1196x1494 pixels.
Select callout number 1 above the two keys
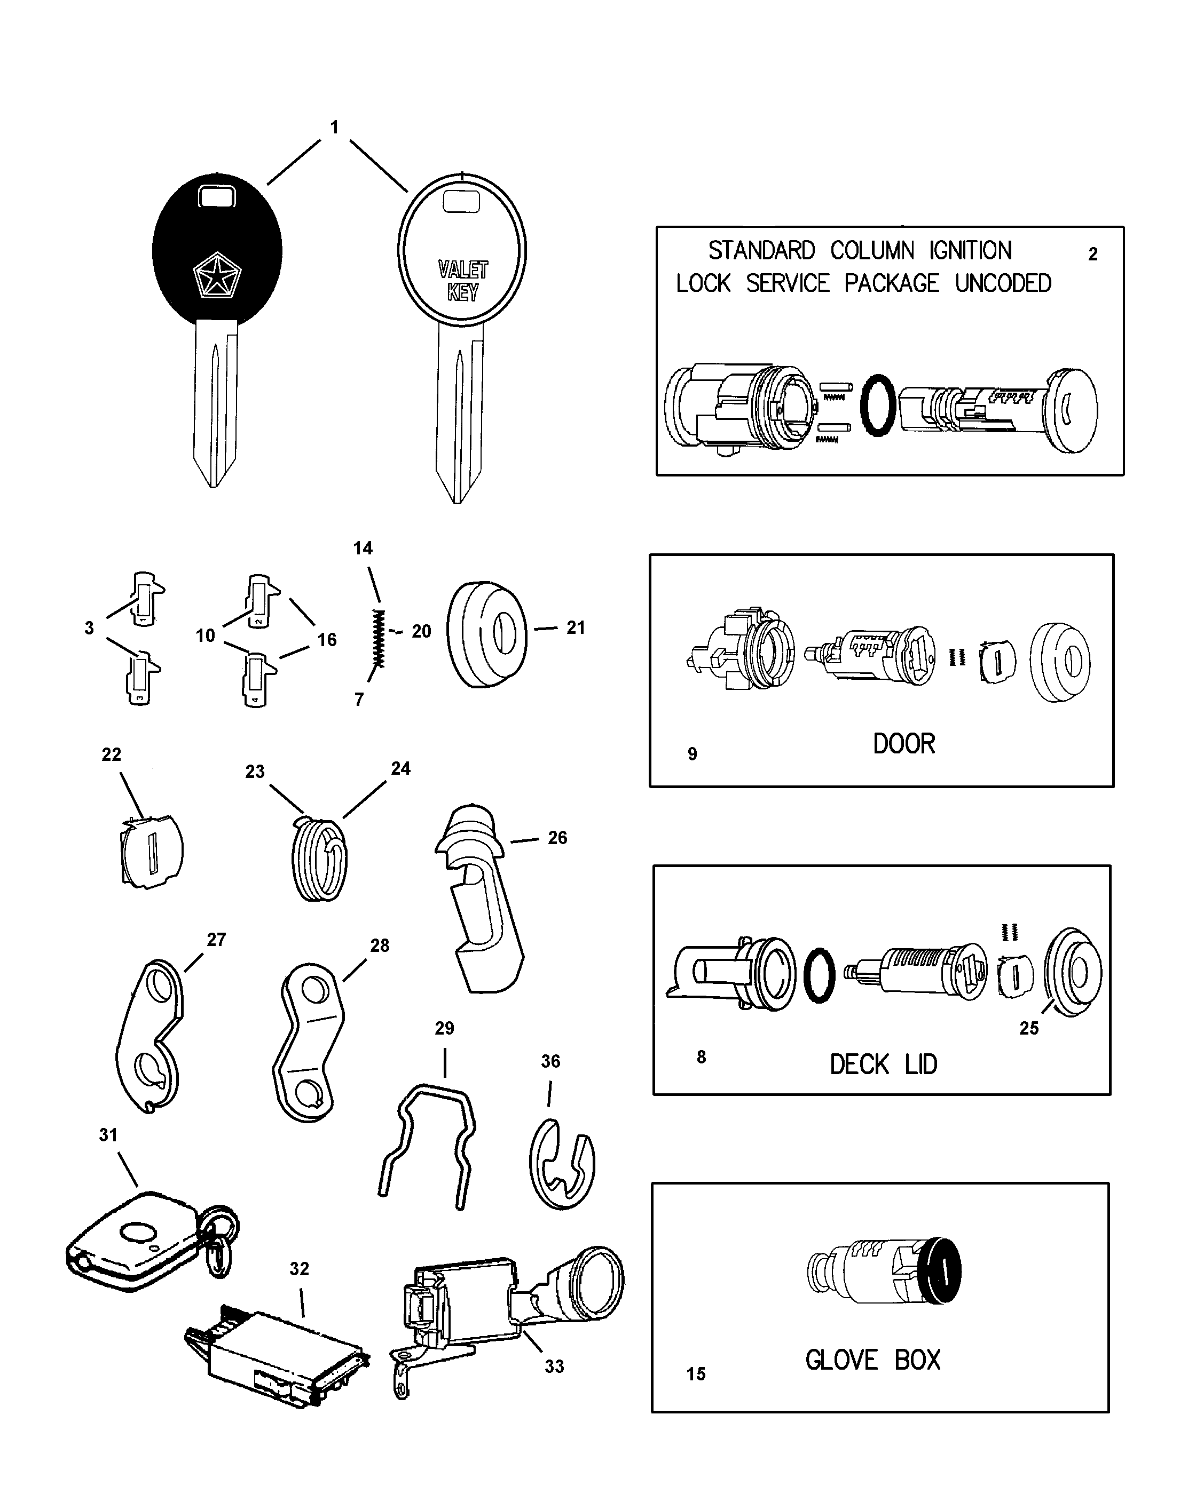click(334, 128)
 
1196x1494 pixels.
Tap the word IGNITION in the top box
click(970, 250)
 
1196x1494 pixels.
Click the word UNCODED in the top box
click(1003, 283)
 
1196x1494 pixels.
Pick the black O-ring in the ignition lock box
click(877, 406)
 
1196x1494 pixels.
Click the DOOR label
click(903, 744)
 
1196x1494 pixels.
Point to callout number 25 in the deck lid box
click(1029, 1028)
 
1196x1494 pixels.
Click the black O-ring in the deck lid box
click(819, 974)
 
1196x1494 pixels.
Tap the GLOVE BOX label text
click(872, 1360)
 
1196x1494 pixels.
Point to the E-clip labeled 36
click(562, 1165)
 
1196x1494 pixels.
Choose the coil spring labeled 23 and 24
click(319, 859)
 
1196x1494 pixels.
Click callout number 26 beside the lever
click(557, 838)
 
